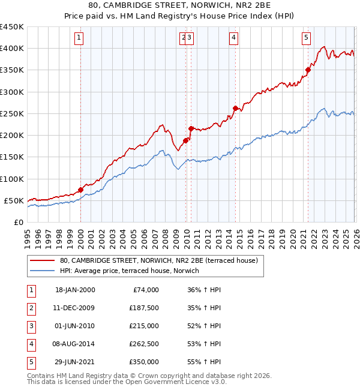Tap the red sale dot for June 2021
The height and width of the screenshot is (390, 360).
(308, 70)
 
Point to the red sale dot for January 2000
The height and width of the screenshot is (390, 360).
(80, 190)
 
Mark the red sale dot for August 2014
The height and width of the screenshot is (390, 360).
(235, 108)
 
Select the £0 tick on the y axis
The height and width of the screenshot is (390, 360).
(18, 222)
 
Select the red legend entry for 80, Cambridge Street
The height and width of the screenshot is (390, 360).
(158, 260)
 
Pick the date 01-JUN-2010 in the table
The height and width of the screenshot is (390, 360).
(75, 325)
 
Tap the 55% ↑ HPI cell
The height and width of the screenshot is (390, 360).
(204, 361)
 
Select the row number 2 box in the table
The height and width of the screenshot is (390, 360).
(31, 307)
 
